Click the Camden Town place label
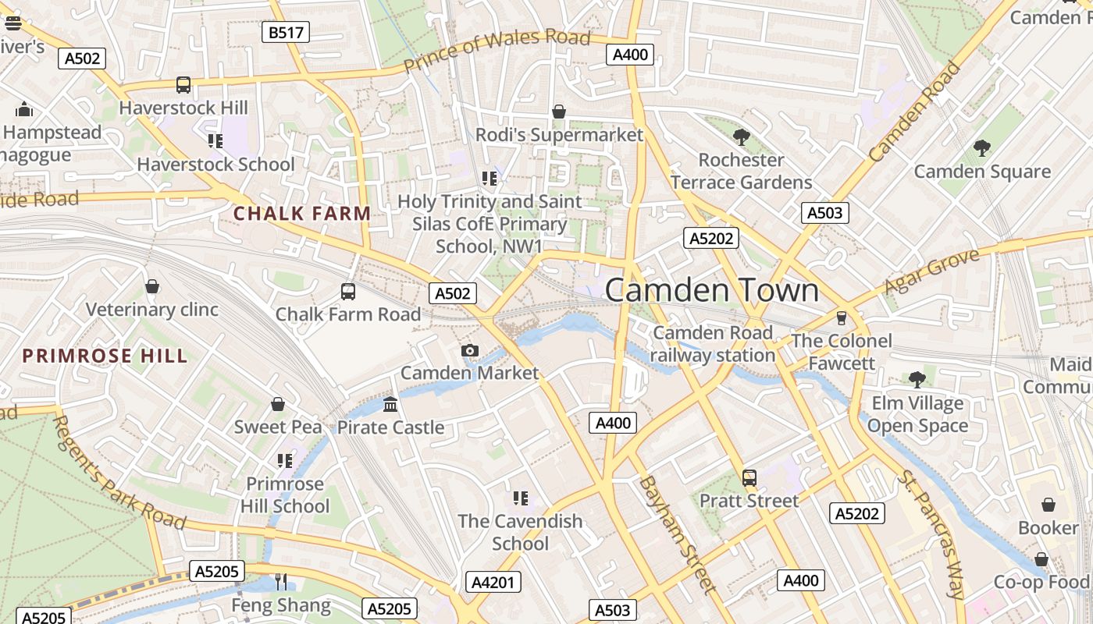[712, 290]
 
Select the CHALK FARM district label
[302, 213]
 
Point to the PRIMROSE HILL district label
[105, 356]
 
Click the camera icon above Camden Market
[470, 351]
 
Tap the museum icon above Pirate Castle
[390, 405]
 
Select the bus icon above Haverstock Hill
[183, 85]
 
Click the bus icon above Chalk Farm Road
[348, 292]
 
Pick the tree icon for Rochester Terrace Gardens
[742, 137]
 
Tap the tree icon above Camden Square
[982, 148]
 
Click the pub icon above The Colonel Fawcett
[841, 318]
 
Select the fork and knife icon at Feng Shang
[281, 582]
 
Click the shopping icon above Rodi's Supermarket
[559, 112]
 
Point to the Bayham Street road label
[677, 534]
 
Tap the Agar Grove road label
[931, 272]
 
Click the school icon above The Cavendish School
[521, 498]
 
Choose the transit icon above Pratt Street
[749, 477]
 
